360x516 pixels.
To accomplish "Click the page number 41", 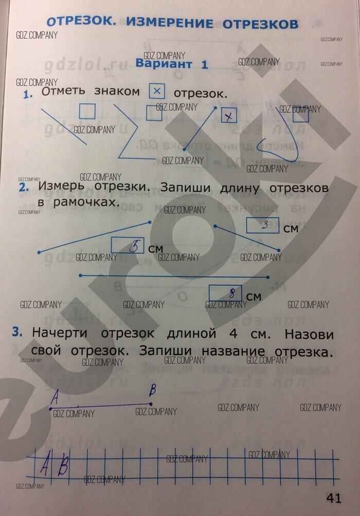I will (334, 497).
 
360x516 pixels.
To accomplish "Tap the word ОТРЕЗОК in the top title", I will (81, 22).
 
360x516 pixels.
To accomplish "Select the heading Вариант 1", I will (164, 64).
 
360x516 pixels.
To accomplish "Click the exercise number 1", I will (27, 94).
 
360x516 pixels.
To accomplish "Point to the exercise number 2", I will (23, 188).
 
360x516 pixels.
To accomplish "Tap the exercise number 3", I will (18, 333).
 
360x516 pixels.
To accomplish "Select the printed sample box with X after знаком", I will (157, 92).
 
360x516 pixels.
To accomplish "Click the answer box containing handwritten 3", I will (263, 225).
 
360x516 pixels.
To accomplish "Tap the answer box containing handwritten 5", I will (128, 246).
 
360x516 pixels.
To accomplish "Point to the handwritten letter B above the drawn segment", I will (152, 391).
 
